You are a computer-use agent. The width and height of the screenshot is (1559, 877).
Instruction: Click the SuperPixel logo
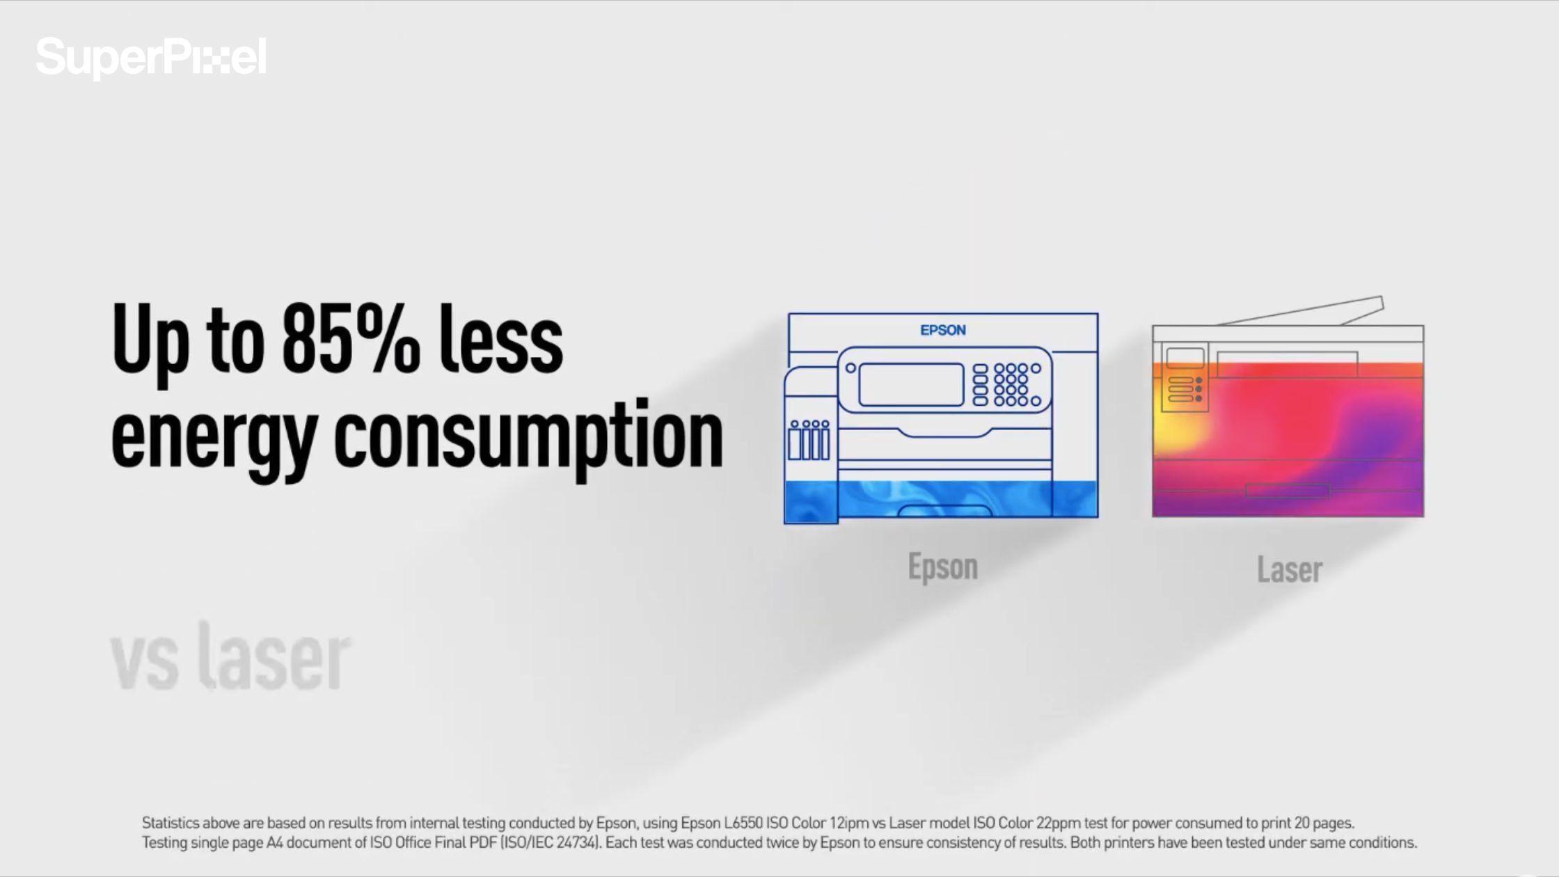pos(151,57)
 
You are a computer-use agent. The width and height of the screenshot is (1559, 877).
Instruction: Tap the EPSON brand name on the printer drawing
pos(943,330)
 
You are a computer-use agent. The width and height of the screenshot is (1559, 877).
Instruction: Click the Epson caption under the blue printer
pos(943,567)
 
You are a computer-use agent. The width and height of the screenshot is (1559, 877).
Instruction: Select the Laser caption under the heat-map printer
pos(1289,569)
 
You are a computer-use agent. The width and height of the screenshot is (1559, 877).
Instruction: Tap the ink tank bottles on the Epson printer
pos(809,440)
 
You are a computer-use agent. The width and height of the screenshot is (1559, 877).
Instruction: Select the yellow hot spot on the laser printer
pos(1176,418)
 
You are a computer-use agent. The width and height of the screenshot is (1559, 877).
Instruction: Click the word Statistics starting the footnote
pos(171,823)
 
